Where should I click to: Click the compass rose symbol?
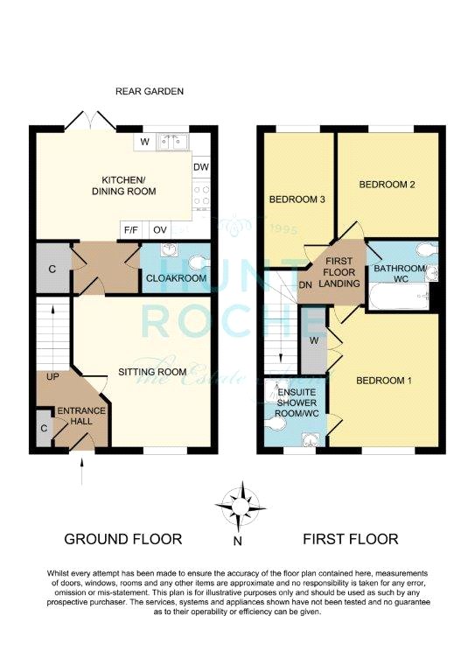click(241, 507)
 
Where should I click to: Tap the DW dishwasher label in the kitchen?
click(201, 167)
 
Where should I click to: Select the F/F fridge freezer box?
click(131, 230)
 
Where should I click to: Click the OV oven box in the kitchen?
click(160, 230)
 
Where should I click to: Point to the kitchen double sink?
click(173, 142)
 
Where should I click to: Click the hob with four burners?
click(201, 195)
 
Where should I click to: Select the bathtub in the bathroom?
click(399, 296)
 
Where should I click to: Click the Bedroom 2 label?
click(387, 185)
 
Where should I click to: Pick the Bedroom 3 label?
click(297, 199)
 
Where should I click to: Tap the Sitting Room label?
click(152, 372)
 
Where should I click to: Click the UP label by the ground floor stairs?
click(52, 377)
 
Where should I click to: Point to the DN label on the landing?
click(305, 285)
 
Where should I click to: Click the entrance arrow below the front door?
click(82, 471)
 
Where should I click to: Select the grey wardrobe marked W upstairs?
click(314, 340)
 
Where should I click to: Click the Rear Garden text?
click(150, 91)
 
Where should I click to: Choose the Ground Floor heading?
click(123, 539)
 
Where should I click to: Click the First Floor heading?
click(351, 539)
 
